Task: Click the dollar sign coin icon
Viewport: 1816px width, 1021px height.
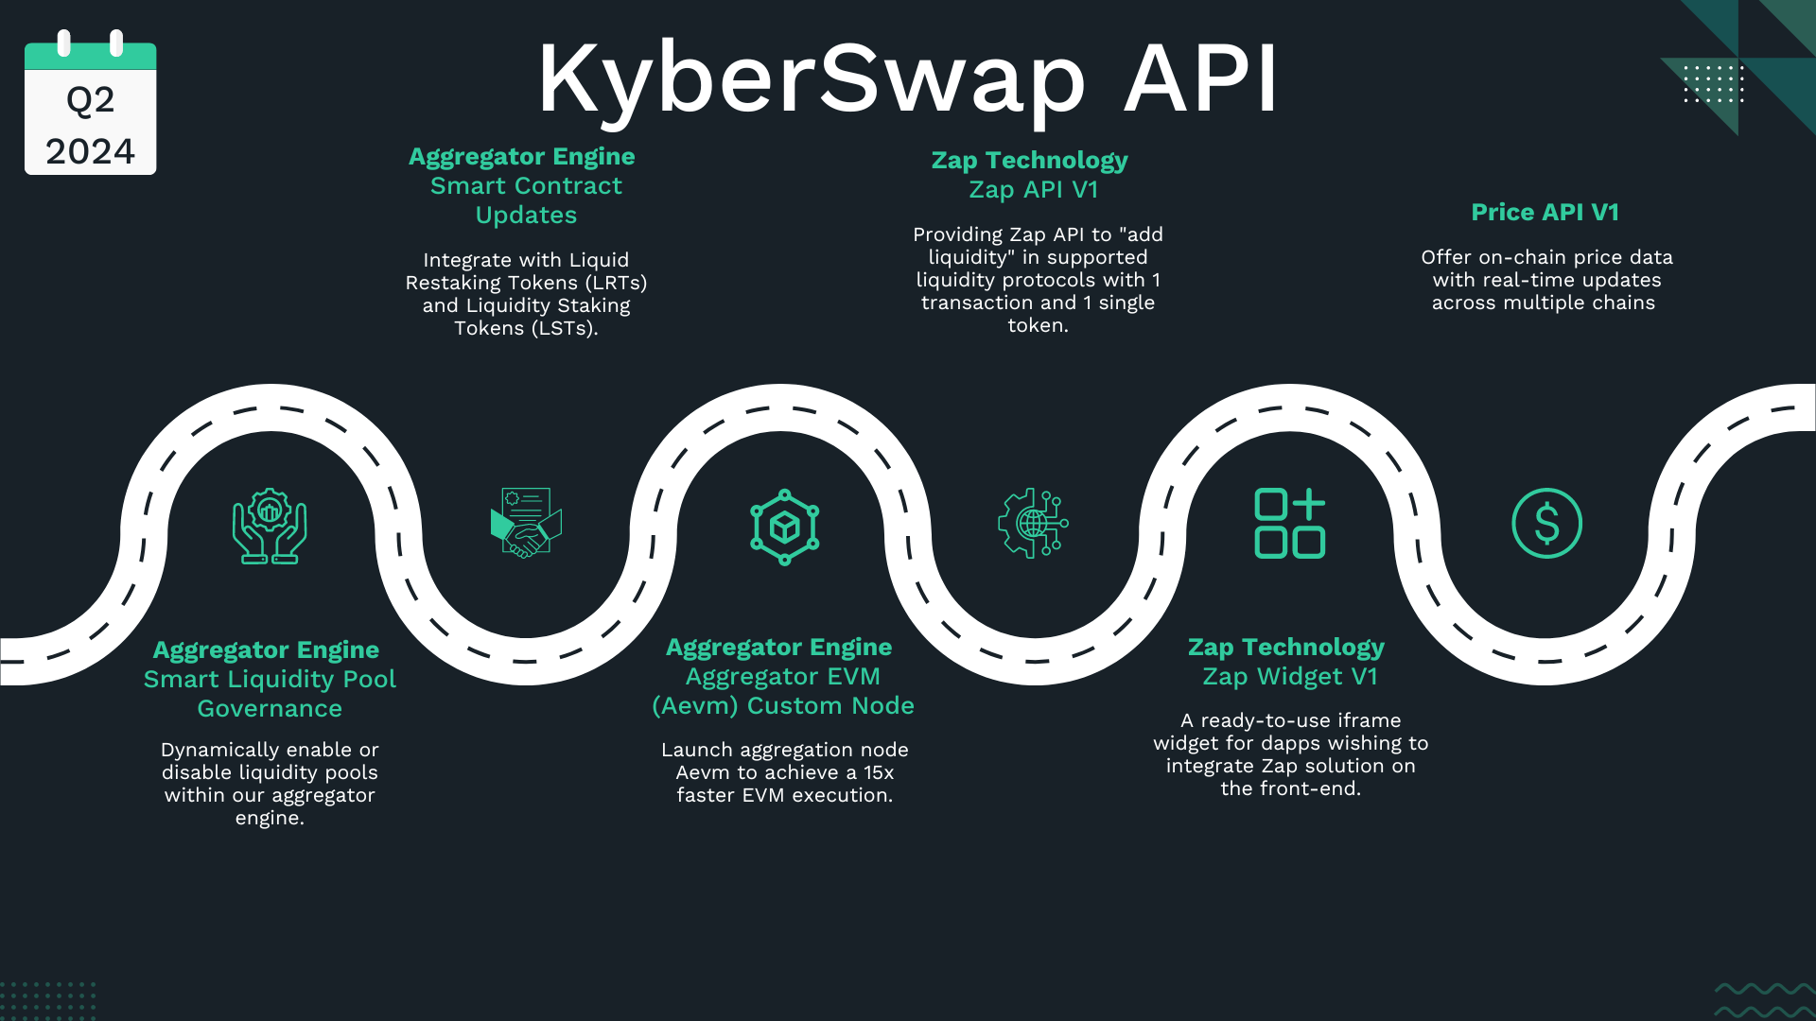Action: pyautogui.click(x=1546, y=523)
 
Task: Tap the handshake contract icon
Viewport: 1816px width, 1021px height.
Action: pyautogui.click(x=526, y=523)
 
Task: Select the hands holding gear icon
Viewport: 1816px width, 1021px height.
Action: pyautogui.click(x=270, y=526)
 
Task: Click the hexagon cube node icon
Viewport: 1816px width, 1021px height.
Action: pyautogui.click(x=784, y=527)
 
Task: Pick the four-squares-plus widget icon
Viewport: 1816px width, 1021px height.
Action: pyautogui.click(x=1289, y=523)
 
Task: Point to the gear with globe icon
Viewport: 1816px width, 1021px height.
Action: pyautogui.click(x=1033, y=523)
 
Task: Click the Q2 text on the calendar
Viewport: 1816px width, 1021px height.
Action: pyautogui.click(x=90, y=100)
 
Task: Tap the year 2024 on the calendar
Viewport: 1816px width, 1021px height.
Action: pyautogui.click(x=90, y=151)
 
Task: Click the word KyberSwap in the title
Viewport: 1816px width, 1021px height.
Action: pyautogui.click(x=812, y=79)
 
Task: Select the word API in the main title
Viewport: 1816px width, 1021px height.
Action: pyautogui.click(x=1201, y=79)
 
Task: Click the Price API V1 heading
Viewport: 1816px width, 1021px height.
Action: pyautogui.click(x=1545, y=213)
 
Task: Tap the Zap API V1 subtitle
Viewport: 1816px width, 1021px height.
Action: pyautogui.click(x=1033, y=190)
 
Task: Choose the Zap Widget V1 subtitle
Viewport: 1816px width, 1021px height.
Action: pyautogui.click(x=1289, y=677)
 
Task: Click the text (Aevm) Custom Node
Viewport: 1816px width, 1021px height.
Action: pyautogui.click(x=783, y=706)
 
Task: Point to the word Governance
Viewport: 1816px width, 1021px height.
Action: pyautogui.click(x=270, y=709)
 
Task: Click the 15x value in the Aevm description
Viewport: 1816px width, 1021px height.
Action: pyautogui.click(x=878, y=772)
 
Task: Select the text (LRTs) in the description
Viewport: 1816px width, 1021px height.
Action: pyautogui.click(x=616, y=283)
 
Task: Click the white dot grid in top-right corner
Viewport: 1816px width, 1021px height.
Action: pyautogui.click(x=1713, y=83)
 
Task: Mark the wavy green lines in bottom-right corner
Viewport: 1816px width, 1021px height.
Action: pyautogui.click(x=1763, y=1000)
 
